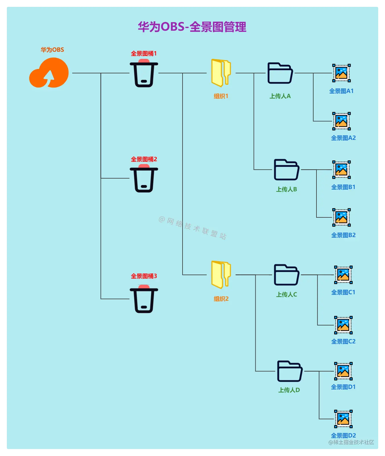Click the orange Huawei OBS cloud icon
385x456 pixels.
click(x=49, y=73)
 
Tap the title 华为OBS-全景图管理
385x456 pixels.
click(x=192, y=27)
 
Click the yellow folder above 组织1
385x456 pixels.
click(x=221, y=73)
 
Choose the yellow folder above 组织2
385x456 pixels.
click(x=221, y=275)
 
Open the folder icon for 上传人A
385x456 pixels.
click(x=280, y=73)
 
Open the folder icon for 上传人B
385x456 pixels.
click(x=286, y=170)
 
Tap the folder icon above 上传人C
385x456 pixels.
click(x=286, y=275)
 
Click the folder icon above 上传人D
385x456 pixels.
click(x=289, y=371)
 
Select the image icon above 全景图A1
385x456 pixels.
click(x=341, y=73)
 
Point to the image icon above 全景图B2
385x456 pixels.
click(x=341, y=217)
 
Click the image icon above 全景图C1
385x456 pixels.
click(x=343, y=275)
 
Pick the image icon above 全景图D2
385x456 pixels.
click(x=343, y=419)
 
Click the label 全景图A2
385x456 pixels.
click(x=343, y=138)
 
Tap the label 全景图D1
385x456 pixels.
click(x=343, y=387)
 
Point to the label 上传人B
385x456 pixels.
click(x=286, y=189)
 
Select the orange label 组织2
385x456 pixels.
click(x=221, y=299)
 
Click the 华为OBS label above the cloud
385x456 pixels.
click(x=52, y=50)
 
